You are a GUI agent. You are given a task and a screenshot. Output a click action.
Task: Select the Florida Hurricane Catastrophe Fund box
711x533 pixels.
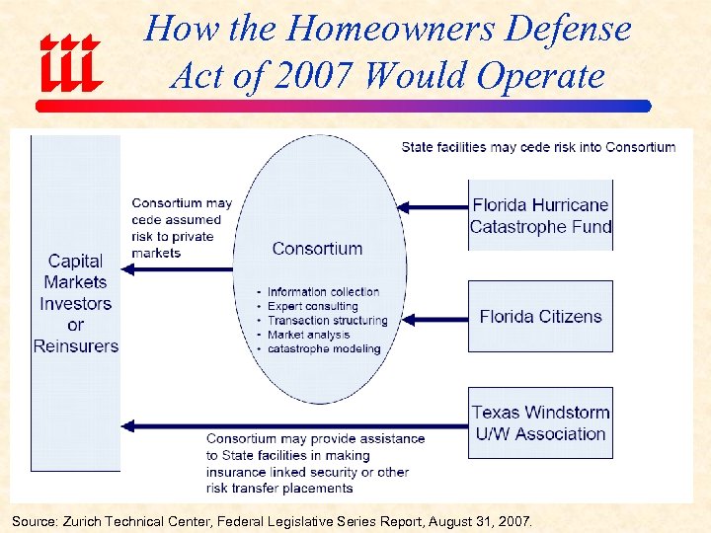click(540, 215)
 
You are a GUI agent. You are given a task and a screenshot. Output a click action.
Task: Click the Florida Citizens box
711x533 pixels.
click(540, 317)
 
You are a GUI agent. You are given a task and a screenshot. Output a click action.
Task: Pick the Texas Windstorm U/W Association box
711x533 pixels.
click(540, 422)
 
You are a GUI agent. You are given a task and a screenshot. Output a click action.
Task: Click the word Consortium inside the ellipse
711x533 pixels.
click(317, 249)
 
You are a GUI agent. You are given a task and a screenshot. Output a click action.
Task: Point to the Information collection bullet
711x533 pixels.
click(322, 292)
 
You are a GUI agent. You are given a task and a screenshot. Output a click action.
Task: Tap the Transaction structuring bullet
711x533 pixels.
click(327, 321)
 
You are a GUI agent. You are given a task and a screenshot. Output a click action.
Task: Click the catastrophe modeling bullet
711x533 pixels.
click(323, 349)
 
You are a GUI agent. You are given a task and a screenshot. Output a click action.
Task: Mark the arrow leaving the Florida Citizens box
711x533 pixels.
click(435, 319)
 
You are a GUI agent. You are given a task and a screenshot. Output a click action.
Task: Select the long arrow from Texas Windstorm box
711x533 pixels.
click(296, 426)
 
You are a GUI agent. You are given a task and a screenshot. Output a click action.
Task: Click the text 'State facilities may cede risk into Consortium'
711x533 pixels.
click(538, 147)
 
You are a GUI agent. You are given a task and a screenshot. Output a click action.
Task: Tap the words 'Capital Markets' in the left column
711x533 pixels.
click(75, 271)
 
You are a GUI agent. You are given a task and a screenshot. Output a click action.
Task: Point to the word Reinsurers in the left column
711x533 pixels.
click(76, 346)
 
